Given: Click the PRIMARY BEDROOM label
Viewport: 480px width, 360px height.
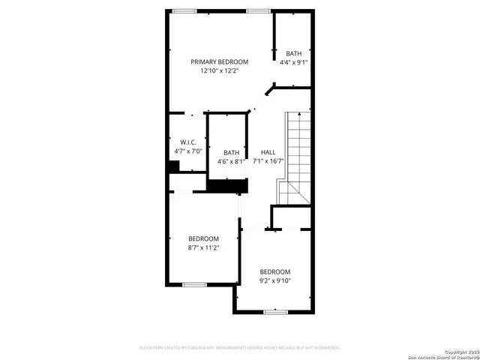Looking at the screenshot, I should tap(219, 61).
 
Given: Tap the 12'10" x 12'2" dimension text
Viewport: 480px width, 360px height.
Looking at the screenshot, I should tap(219, 70).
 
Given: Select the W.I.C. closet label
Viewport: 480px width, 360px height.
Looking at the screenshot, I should tap(188, 142).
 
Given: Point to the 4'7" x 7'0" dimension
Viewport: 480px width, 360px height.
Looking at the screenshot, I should tap(188, 151).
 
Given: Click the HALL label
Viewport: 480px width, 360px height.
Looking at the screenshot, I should tap(268, 152).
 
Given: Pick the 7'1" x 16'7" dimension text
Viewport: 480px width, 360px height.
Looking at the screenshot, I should tap(268, 160).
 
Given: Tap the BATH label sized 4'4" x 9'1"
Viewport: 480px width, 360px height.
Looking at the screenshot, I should tap(293, 53).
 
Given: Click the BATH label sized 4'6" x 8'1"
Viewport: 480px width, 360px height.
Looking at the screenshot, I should tap(231, 152).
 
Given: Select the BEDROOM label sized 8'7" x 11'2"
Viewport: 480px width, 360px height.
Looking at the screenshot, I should tap(203, 238).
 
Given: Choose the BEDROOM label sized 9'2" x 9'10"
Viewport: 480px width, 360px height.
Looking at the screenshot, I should tap(275, 271).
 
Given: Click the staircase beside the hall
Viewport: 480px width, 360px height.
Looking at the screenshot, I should tap(295, 157).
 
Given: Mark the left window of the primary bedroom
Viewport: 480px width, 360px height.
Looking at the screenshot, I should tap(184, 10).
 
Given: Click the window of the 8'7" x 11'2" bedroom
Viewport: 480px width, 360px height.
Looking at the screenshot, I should tap(194, 284).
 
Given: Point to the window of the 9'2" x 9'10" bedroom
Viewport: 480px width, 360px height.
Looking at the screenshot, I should tap(275, 311).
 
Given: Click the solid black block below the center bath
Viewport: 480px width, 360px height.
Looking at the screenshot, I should tap(227, 186).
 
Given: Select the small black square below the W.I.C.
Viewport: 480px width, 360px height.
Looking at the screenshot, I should tap(174, 166).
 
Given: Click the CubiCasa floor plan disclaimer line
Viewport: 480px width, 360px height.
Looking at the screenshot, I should tap(240, 348).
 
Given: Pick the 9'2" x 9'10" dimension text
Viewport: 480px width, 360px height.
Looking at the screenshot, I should tap(275, 280).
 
